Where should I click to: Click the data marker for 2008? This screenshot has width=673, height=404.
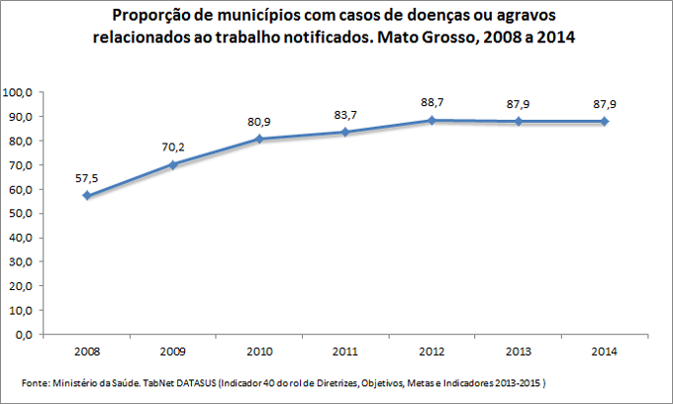pos(86,195)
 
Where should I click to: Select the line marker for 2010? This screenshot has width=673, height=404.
pos(259,139)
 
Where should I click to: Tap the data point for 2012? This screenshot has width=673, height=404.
pos(432,120)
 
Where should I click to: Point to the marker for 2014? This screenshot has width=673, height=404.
pos(604,122)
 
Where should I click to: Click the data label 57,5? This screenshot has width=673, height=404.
pos(86,178)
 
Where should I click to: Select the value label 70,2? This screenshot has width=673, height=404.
pos(173,148)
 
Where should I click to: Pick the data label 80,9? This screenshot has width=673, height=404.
pos(259,122)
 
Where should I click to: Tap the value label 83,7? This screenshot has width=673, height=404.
pos(345,115)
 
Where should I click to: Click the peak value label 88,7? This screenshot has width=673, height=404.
pos(432,102)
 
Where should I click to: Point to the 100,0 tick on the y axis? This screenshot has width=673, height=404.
pos(20,92)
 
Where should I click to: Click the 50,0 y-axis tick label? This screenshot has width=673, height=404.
pos(22,214)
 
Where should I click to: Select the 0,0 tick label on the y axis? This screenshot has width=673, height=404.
pos(25,335)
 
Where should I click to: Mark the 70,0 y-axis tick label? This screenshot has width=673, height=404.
pos(22,165)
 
